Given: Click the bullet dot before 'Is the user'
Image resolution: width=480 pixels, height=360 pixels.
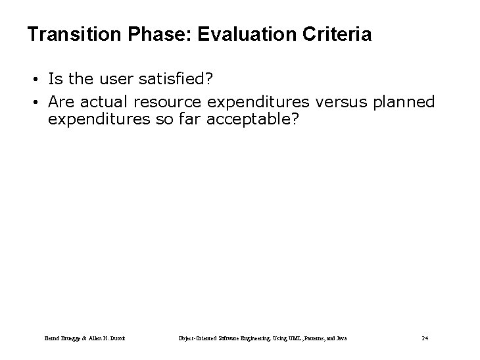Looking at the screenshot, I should [39, 80].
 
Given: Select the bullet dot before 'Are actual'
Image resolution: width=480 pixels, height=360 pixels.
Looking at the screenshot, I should [39, 102].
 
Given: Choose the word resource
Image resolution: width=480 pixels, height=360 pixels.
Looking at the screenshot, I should [170, 102].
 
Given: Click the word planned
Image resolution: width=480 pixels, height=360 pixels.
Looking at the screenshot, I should [402, 102].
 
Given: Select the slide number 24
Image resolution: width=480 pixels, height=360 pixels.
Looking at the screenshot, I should [425, 338].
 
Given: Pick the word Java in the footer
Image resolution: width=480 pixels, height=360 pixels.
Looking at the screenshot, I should [340, 338].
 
